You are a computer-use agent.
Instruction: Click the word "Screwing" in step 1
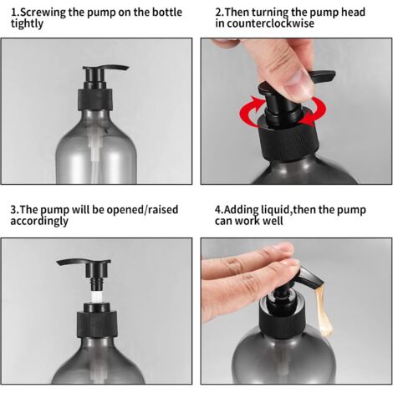pos(43,13)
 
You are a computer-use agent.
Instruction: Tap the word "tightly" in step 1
pos(27,23)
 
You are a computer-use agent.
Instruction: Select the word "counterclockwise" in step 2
pos(270,23)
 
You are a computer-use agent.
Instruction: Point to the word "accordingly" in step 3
pos(39,221)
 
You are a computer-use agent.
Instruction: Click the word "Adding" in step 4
pos(241,210)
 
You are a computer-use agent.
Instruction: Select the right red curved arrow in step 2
pos(314,111)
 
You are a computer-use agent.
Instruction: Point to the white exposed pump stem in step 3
pos(96,297)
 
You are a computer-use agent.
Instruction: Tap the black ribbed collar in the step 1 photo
pos(95,99)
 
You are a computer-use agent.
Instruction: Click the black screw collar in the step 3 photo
pos(97,324)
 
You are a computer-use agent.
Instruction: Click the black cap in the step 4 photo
pos(282,312)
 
